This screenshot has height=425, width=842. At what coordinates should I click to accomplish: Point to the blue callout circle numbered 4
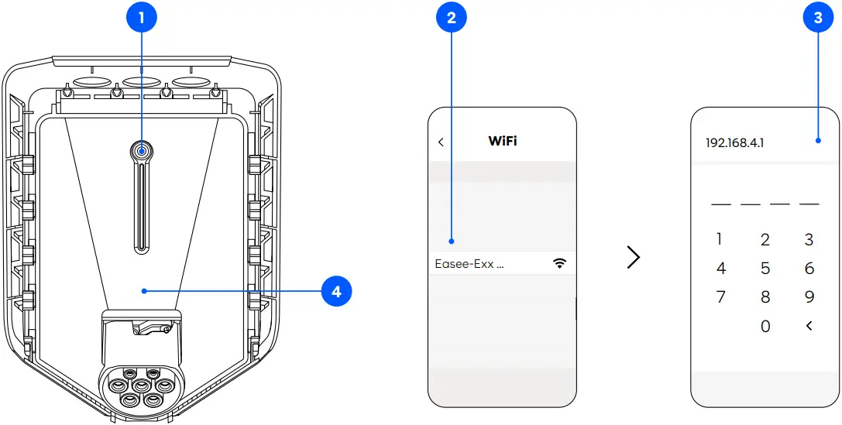point(336,292)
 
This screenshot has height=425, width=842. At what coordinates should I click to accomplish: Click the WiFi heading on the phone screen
point(502,141)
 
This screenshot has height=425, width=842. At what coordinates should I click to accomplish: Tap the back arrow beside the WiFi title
point(441,142)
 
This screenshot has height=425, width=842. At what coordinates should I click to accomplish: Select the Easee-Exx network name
point(469,264)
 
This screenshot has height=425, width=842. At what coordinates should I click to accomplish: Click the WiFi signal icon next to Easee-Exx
point(559,264)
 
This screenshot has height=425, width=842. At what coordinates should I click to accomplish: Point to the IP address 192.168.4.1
point(734,143)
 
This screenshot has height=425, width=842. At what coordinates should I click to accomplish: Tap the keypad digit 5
point(765,269)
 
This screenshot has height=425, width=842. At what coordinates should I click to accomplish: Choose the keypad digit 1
point(720,239)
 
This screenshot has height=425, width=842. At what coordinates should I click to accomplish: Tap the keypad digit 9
point(809,297)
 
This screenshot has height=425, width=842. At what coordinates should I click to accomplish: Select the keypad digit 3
point(809,239)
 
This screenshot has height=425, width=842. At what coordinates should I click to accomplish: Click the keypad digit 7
point(720,297)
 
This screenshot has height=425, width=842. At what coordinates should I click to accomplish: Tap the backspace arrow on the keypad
point(809,326)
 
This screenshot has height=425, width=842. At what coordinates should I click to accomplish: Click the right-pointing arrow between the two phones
point(634,257)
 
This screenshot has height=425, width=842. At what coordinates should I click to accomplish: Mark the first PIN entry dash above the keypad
point(720,204)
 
